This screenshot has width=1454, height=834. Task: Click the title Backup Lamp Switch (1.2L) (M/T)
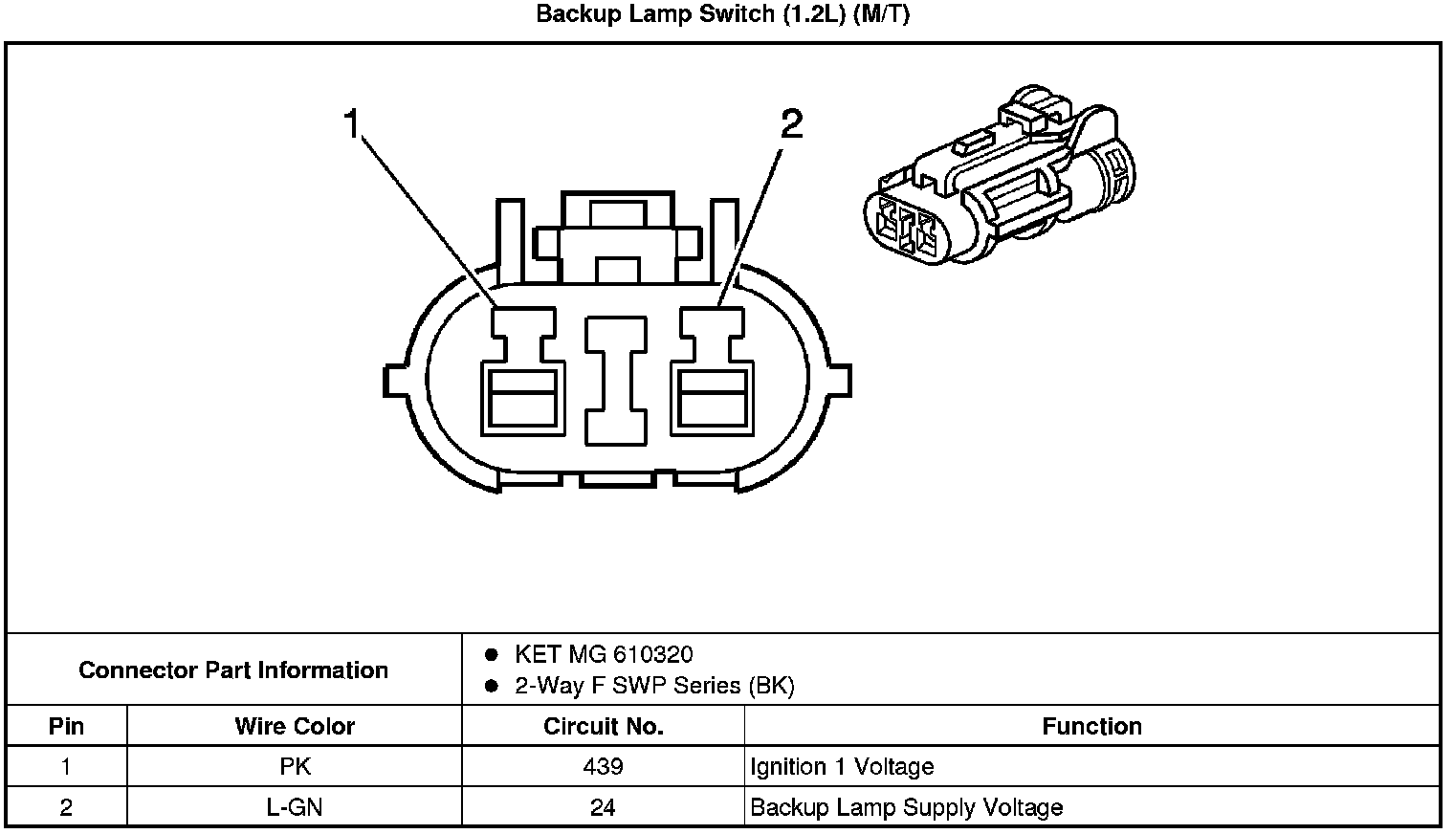click(722, 15)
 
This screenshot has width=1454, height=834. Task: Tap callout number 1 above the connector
click(352, 124)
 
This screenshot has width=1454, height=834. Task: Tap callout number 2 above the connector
click(792, 124)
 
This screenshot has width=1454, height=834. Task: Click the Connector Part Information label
click(233, 669)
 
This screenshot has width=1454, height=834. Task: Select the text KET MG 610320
click(604, 654)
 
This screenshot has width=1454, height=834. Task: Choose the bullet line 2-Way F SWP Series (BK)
click(653, 686)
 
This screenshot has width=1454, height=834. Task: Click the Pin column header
click(66, 726)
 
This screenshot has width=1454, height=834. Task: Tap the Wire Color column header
click(295, 726)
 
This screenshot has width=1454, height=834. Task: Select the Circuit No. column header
click(603, 726)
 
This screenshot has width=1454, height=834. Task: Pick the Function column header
click(1091, 726)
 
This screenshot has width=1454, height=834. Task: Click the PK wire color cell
click(295, 766)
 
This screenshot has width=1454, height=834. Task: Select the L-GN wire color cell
click(295, 807)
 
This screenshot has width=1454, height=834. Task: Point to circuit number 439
click(603, 766)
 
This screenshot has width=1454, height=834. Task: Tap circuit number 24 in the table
click(603, 807)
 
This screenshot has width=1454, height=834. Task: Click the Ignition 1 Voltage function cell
click(842, 766)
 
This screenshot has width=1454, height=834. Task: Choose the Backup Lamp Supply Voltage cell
click(906, 807)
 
